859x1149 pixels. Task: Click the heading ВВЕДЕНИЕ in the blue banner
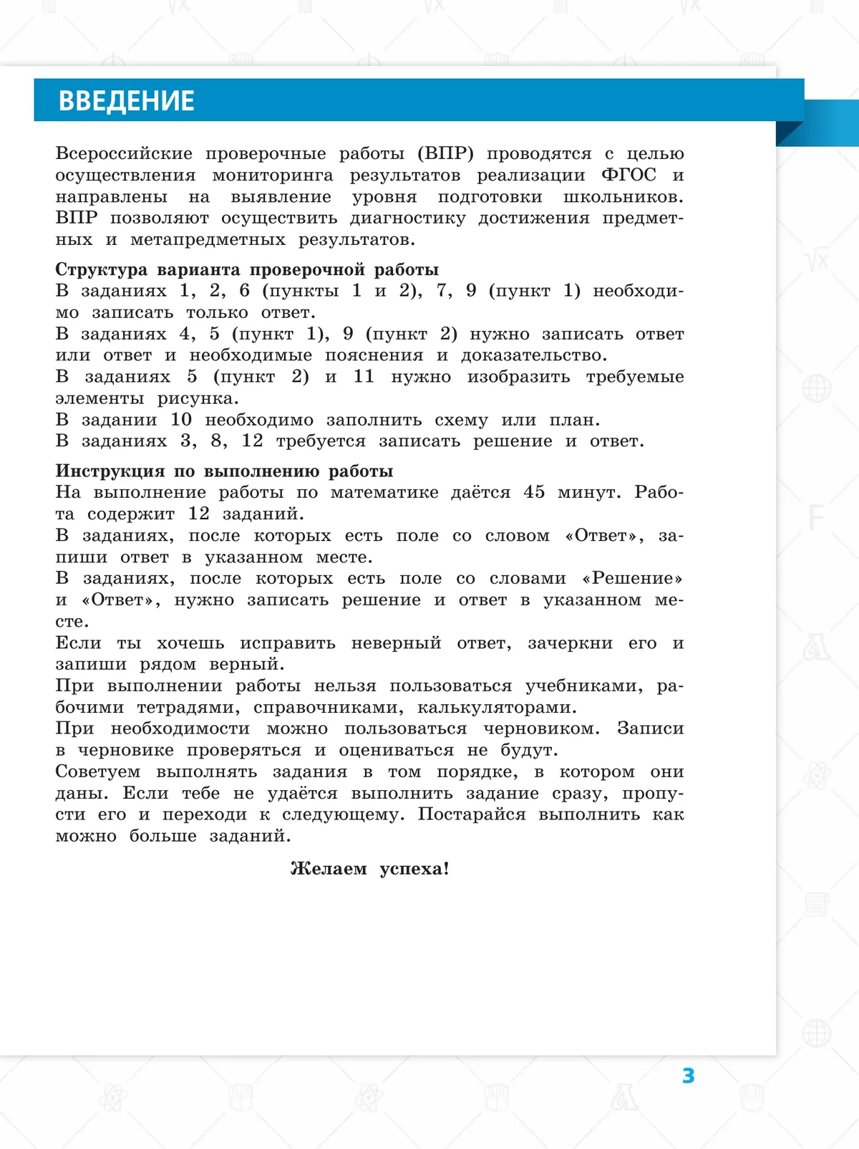[x=126, y=101]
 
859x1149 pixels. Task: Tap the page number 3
[x=688, y=1075]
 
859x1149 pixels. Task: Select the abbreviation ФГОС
[x=629, y=175]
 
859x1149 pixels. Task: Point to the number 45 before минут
[x=534, y=492]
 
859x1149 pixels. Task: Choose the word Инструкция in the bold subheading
[x=109, y=471]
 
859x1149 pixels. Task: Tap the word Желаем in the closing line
[x=329, y=869]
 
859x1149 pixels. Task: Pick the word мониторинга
[x=273, y=176]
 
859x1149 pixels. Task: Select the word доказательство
[x=533, y=355]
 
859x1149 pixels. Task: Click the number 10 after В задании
[x=181, y=420]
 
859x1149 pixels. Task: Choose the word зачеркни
[x=570, y=643]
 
